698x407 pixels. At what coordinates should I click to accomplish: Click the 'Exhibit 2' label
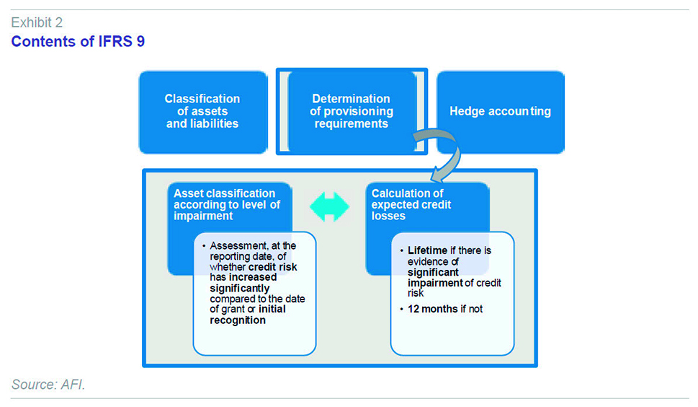[37, 22]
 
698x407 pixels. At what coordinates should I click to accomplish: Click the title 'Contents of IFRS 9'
[78, 41]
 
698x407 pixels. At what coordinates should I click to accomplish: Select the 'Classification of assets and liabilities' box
[203, 113]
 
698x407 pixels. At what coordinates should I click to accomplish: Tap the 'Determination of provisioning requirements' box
[352, 111]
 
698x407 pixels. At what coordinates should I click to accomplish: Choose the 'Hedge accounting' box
[501, 113]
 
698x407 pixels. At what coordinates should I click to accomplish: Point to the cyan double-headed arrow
[329, 207]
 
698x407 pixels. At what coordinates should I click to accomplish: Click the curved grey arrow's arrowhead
[439, 175]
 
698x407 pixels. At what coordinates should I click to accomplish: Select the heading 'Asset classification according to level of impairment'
[227, 205]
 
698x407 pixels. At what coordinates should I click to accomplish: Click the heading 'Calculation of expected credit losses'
[411, 205]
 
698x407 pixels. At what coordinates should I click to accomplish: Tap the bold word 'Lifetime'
[427, 250]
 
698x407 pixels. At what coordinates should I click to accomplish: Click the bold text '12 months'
[426, 309]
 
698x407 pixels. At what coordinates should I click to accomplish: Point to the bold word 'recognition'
[238, 320]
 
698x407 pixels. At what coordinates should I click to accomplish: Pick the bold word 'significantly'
[239, 289]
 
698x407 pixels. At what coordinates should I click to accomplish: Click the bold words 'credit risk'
[272, 267]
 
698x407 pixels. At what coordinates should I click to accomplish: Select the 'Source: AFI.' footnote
[48, 384]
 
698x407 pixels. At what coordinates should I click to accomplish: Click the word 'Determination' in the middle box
[352, 99]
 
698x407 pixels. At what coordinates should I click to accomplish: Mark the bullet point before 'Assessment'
[204, 246]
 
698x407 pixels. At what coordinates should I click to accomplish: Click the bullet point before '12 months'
[401, 309]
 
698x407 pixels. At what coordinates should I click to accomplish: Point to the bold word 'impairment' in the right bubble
[429, 283]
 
